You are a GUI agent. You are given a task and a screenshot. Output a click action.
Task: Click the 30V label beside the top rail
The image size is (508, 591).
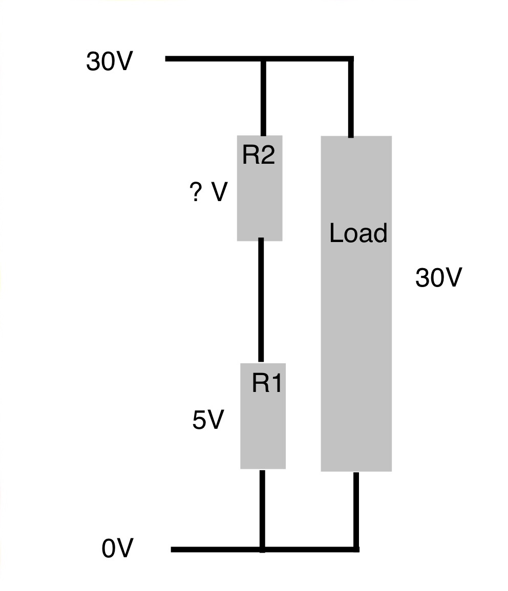coord(109,62)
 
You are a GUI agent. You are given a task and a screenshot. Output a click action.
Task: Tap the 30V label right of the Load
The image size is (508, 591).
coord(438,278)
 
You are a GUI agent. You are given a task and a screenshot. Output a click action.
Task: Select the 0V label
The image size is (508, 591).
coord(117,549)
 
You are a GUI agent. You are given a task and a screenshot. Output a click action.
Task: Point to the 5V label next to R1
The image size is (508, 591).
coord(208,420)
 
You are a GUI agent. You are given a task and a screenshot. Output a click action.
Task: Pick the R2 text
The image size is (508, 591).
coord(259,155)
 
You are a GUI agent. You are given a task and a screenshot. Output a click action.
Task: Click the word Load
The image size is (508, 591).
coord(358,233)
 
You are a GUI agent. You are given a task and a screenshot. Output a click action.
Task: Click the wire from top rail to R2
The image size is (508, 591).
coord(264,97)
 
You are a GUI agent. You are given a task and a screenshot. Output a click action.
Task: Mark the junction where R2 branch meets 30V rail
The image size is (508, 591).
coord(264,59)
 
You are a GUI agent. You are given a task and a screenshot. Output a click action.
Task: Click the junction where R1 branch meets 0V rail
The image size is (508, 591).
coord(263,550)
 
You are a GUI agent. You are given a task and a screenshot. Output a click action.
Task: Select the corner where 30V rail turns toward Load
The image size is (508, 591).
coord(351,59)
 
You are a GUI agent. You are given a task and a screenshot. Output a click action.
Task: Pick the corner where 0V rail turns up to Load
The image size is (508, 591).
coord(356,550)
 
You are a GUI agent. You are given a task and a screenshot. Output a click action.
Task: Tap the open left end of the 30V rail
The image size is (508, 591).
coord(167,59)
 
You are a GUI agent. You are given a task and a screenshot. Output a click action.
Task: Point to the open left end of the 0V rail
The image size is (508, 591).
coord(173,550)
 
